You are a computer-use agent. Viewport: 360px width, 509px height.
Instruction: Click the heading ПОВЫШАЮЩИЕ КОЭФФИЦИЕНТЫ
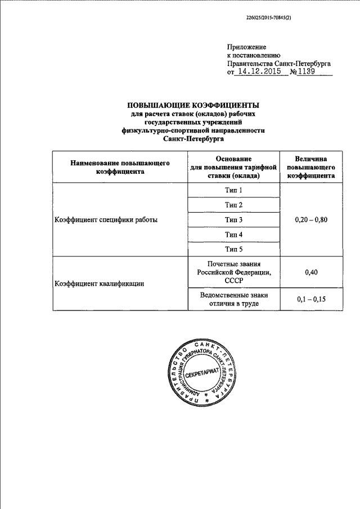pyautogui.click(x=193, y=105)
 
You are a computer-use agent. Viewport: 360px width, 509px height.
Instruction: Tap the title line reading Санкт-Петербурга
pyautogui.click(x=193, y=138)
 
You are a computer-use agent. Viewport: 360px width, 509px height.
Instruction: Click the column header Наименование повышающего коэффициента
pyautogui.click(x=120, y=167)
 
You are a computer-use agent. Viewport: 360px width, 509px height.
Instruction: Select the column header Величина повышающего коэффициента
pyautogui.click(x=311, y=167)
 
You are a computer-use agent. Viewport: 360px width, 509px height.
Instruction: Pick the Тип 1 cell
pyautogui.click(x=233, y=191)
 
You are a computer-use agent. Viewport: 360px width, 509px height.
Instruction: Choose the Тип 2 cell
pyautogui.click(x=233, y=205)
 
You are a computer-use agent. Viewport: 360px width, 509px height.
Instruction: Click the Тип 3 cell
pyautogui.click(x=233, y=220)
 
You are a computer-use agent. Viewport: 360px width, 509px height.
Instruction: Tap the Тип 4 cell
pyautogui.click(x=233, y=234)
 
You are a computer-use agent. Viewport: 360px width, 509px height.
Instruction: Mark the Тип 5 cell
pyautogui.click(x=233, y=249)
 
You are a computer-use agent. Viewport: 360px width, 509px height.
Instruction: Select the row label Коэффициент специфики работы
pyautogui.click(x=106, y=220)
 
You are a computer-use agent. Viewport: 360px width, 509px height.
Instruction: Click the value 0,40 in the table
pyautogui.click(x=311, y=272)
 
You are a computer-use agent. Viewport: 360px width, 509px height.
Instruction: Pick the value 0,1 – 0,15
pyautogui.click(x=311, y=299)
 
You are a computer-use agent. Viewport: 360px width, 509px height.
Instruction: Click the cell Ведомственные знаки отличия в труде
pyautogui.click(x=233, y=299)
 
